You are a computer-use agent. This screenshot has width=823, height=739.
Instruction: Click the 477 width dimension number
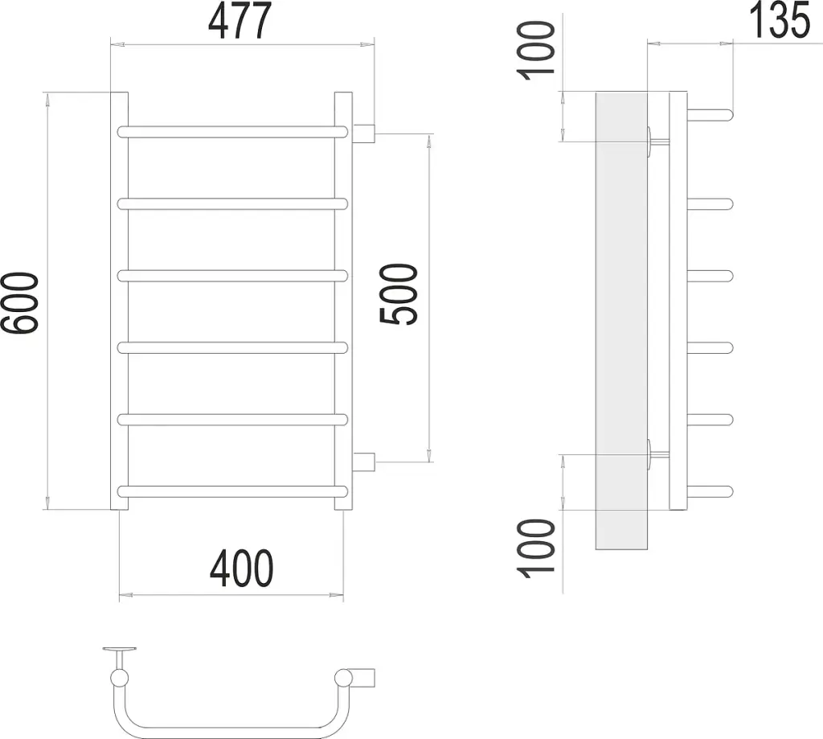pos(240,21)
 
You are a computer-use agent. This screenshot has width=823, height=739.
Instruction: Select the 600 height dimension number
pos(20,302)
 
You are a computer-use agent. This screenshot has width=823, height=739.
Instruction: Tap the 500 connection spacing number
pos(399,294)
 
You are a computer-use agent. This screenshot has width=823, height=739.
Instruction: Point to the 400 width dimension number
pos(241,569)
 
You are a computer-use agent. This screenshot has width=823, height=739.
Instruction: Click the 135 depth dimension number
pos(779,20)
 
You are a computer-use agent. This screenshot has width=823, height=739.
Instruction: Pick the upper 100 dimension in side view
pos(536,51)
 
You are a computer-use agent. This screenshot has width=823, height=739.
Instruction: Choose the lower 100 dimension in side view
pos(536,549)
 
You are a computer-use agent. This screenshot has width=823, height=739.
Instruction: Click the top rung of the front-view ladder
pos(233,131)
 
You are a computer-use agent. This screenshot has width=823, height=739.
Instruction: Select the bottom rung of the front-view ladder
pos(233,491)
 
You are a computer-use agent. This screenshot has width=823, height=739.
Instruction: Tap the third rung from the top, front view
pos(233,276)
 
